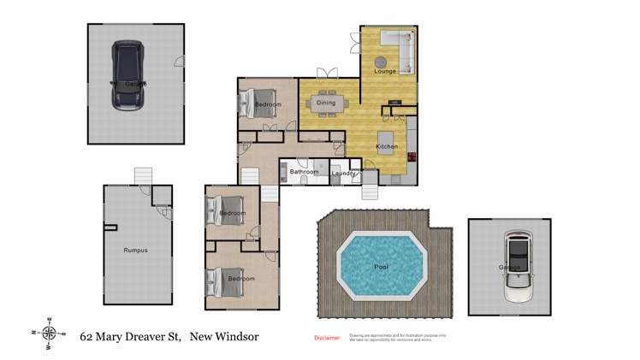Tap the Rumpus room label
[135, 250]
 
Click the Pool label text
[381, 267]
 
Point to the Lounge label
[385, 71]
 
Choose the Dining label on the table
[326, 103]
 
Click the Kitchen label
[387, 147]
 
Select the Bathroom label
[304, 172]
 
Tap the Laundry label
[343, 174]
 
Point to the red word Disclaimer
[327, 338]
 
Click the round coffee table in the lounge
[380, 61]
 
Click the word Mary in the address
[113, 337]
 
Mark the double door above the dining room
[325, 73]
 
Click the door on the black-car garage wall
[179, 61]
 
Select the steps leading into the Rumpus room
[142, 175]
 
